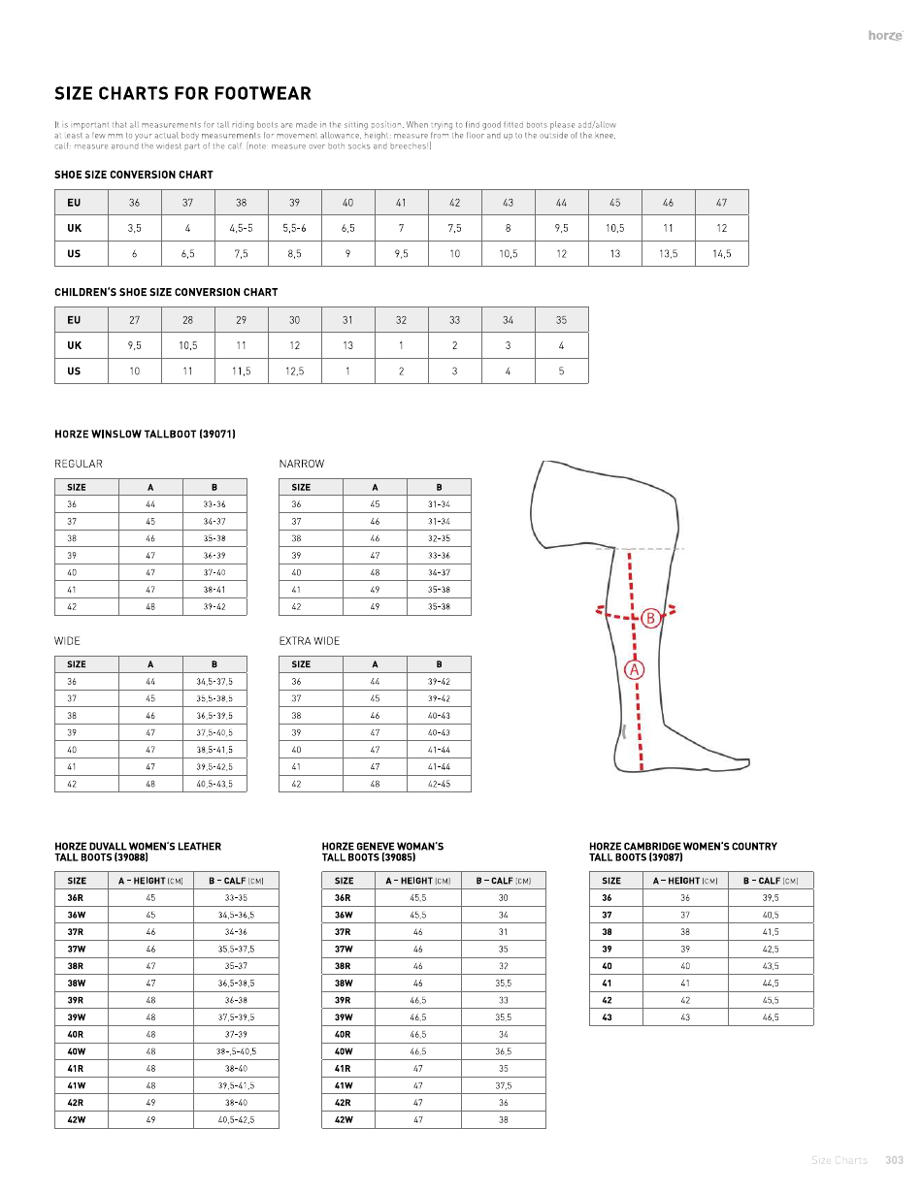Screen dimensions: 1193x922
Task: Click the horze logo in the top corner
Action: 885,36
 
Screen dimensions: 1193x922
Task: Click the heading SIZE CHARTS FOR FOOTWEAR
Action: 182,94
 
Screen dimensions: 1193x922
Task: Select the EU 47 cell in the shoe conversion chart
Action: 721,203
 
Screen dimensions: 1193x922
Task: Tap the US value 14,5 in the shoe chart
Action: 721,254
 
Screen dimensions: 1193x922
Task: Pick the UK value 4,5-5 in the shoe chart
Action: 241,229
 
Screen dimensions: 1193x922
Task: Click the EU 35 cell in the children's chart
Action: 561,320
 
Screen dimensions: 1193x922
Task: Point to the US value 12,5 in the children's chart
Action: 294,371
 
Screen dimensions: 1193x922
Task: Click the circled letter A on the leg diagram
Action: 635,669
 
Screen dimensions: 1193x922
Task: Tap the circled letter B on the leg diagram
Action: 650,618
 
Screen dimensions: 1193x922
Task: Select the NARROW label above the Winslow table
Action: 302,464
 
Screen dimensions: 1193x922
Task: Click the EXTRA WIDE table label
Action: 310,641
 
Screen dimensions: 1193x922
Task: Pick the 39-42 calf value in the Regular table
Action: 214,606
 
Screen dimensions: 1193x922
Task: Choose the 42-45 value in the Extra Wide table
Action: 439,784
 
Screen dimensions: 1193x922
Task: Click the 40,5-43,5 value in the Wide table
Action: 214,784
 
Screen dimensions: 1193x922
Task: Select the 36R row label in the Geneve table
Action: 344,898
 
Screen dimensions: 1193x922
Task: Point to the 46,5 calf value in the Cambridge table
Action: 771,1017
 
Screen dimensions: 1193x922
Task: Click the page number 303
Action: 894,1160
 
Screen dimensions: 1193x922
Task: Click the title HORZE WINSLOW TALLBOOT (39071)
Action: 145,434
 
